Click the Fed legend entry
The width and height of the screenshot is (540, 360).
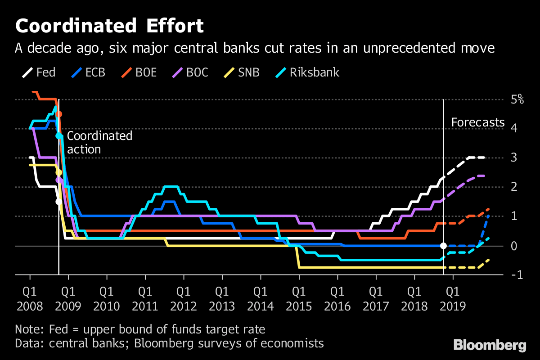coord(39,72)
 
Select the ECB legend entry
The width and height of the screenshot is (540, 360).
coord(87,72)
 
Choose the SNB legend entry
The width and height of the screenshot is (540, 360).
coord(241,72)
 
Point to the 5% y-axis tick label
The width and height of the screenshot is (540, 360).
coord(517,99)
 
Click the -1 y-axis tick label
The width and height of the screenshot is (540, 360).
coord(517,275)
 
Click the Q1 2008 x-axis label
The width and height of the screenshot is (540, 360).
coord(30,299)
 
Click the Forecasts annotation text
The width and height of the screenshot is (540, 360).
coord(478,123)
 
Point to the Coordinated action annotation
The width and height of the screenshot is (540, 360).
coord(99,143)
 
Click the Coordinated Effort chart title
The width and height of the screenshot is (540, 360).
coord(110,27)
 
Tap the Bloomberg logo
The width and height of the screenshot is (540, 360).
coord(490,345)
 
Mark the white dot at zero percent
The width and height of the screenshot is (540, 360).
coord(443,246)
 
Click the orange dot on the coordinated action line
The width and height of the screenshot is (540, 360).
coord(58,114)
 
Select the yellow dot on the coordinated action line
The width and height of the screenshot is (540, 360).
coord(58,172)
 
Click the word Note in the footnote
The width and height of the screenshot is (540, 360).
coord(27,329)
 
